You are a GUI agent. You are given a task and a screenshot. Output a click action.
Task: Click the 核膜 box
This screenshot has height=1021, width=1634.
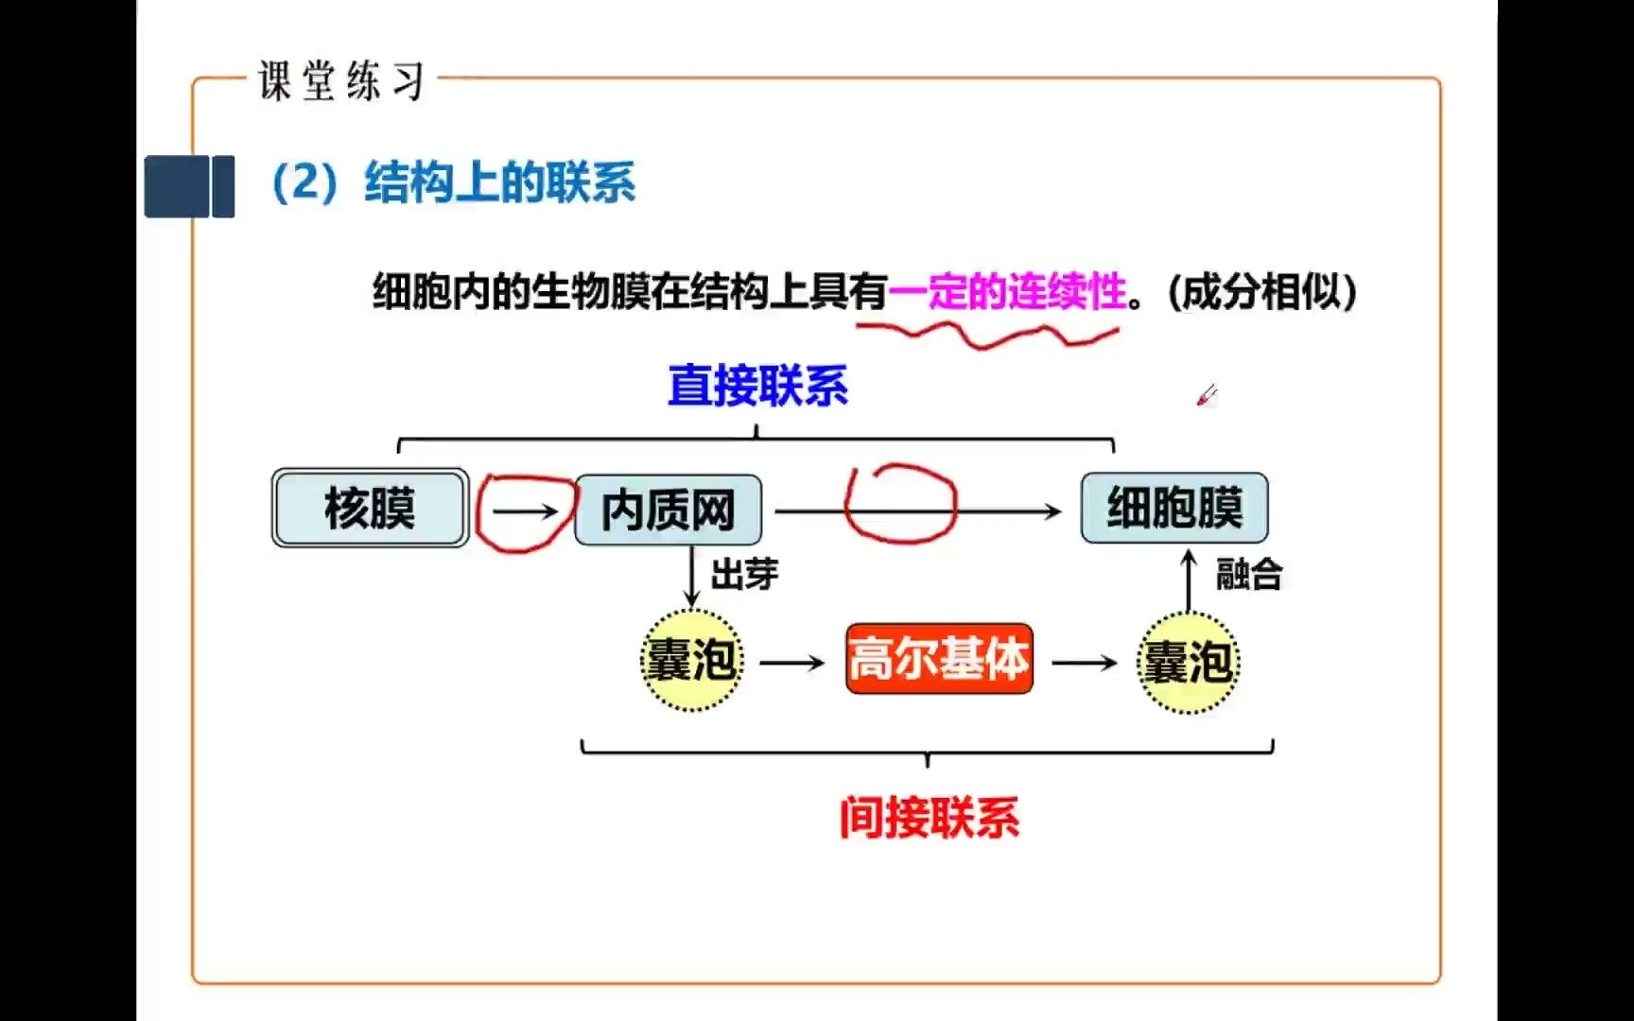pos(370,508)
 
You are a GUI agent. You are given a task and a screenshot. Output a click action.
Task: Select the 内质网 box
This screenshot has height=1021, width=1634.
pos(668,510)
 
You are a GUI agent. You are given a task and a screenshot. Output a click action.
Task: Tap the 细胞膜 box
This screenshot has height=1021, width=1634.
pos(1173,508)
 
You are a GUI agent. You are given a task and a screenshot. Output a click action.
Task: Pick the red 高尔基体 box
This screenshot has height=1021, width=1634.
pos(938,659)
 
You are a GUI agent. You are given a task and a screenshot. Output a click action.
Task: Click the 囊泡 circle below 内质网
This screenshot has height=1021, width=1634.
pos(691,660)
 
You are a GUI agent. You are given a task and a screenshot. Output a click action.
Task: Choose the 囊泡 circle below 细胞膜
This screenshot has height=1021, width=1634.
pos(1188,662)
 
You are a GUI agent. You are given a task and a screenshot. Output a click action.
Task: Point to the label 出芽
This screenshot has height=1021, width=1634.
pos(744,574)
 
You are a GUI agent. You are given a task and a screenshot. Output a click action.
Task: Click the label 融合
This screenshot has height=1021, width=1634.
pos(1248,574)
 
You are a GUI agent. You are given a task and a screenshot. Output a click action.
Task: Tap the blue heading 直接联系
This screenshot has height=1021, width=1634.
pos(757,386)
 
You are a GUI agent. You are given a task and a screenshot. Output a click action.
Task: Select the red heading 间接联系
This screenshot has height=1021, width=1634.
pos(929,818)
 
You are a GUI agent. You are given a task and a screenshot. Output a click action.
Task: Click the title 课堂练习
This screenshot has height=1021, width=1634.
pos(341,81)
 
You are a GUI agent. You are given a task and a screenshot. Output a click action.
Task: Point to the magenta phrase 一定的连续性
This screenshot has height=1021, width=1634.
pos(1008,291)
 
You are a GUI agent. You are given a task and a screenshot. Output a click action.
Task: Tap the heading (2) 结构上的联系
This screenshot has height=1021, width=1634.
pos(454,182)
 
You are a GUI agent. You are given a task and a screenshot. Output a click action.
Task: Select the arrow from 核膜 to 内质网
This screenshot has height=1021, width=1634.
pos(526,511)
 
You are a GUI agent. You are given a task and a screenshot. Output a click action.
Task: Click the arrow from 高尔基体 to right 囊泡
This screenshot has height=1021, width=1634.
pos(1085,663)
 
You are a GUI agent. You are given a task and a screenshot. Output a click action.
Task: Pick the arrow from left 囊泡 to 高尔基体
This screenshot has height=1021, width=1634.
pos(792,663)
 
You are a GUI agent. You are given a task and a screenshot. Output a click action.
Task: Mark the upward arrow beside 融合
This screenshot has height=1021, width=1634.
pos(1190,580)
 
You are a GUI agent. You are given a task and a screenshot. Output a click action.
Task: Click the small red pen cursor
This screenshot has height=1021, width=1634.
pos(1206,395)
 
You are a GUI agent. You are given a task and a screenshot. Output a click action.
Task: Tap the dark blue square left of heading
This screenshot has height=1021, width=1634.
pos(189,186)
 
